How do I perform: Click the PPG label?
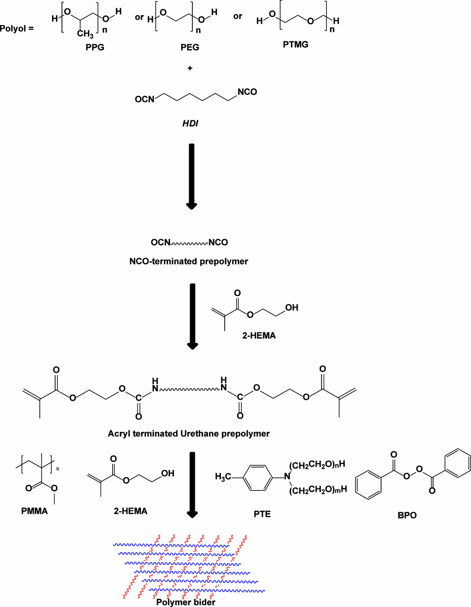point(95,47)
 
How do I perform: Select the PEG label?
point(190,47)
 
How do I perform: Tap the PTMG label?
point(295,44)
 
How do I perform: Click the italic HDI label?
point(190,123)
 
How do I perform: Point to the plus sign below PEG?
point(190,68)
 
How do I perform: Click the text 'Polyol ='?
point(17,28)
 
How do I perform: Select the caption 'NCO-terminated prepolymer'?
point(189,261)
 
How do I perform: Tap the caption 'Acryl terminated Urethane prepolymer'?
point(189,434)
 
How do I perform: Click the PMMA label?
point(34,511)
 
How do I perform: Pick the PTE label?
point(262,514)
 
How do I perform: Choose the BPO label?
point(407,515)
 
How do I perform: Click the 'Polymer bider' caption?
point(186,602)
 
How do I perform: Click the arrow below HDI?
point(191,176)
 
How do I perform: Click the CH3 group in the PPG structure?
point(85,34)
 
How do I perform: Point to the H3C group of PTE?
point(223,477)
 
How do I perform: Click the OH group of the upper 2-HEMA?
point(292,308)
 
